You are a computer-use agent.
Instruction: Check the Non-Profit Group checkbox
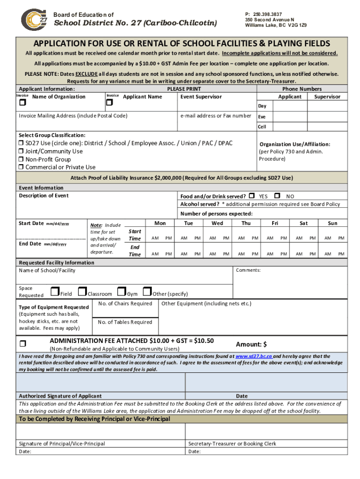coord(21,160)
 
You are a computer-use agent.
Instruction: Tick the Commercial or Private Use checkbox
coord(21,167)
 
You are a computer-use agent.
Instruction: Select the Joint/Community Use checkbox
coord(21,152)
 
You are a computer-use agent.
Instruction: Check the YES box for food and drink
coord(252,196)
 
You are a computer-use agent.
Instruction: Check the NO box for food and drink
coord(277,196)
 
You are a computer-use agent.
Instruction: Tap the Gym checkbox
coord(122,293)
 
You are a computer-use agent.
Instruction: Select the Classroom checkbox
coord(83,293)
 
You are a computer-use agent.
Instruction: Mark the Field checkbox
coord(55,293)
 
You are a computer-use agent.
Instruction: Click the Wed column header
coord(217,224)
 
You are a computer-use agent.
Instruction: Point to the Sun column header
coord(332,224)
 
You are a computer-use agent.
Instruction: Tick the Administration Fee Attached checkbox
coord(22,344)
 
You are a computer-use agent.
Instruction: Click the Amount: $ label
coord(251,345)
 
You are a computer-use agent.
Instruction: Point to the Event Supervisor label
coord(201,97)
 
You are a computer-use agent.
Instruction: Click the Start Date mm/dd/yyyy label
coord(43,224)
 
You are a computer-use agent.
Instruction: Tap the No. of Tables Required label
coord(125,322)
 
